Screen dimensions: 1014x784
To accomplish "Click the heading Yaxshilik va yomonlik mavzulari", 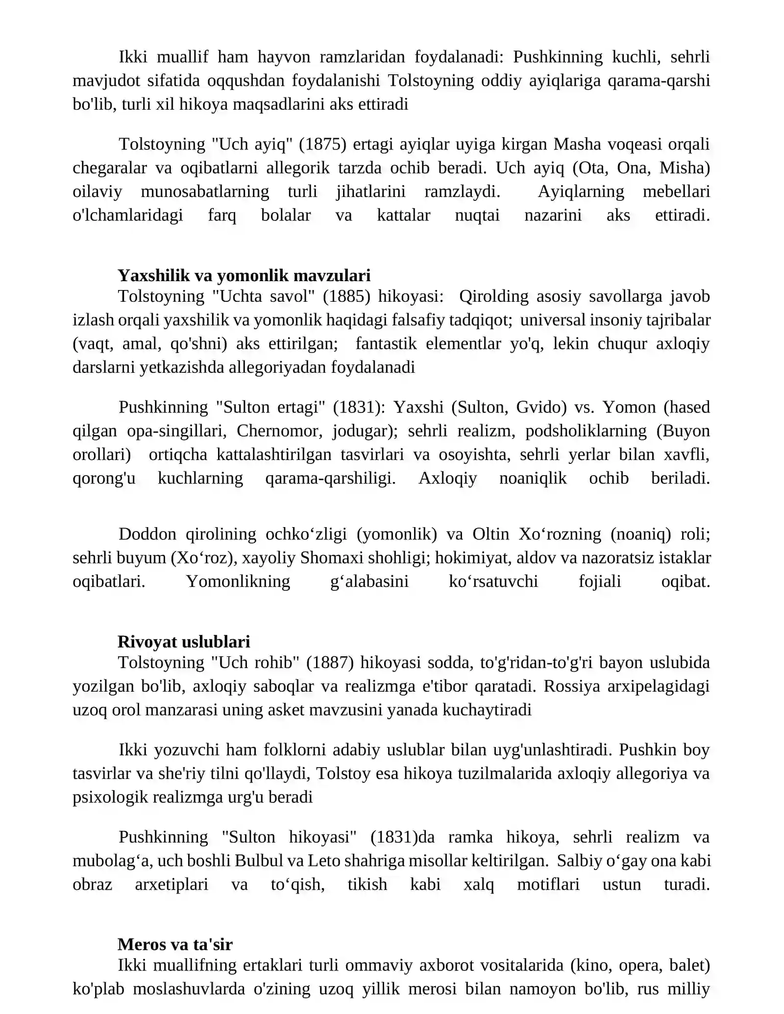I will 244,276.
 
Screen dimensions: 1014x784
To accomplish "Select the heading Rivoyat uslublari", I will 184,642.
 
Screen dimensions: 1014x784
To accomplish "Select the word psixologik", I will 110,797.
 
